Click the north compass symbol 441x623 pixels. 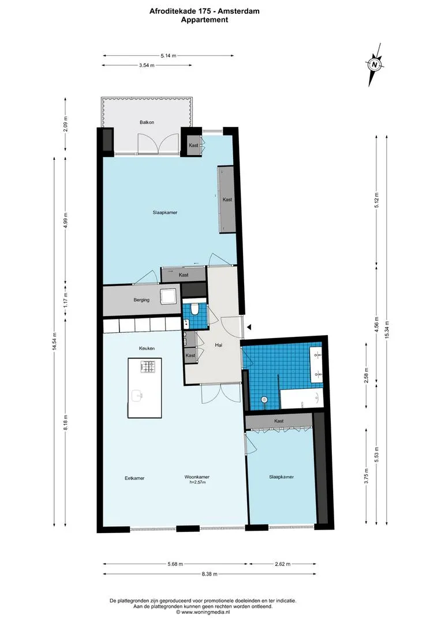pyautogui.click(x=375, y=65)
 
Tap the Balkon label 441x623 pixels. pyautogui.click(x=147, y=122)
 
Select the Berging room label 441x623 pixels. pyautogui.click(x=141, y=300)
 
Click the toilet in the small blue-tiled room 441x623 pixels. pyautogui.click(x=195, y=309)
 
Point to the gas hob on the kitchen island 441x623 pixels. pyautogui.click(x=148, y=366)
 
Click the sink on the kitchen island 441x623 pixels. pyautogui.click(x=137, y=396)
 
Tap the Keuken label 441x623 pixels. pyautogui.click(x=147, y=348)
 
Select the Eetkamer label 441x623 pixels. pyautogui.click(x=134, y=478)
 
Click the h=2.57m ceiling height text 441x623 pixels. pyautogui.click(x=197, y=482)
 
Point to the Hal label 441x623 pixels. pyautogui.click(x=218, y=346)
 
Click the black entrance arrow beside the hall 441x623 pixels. pyautogui.click(x=249, y=327)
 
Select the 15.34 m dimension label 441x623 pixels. pyautogui.click(x=387, y=329)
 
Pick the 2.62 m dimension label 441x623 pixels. pyautogui.click(x=282, y=564)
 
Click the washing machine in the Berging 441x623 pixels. pyautogui.click(x=168, y=296)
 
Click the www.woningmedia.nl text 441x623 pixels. pyautogui.click(x=205, y=612)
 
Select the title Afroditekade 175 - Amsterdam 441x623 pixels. pyautogui.click(x=204, y=12)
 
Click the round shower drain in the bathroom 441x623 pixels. pyautogui.click(x=263, y=399)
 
